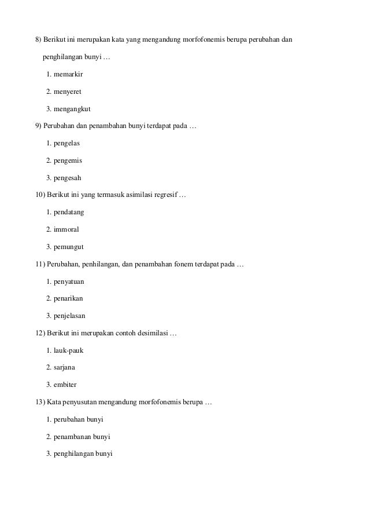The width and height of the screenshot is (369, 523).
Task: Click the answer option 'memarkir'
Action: (x=69, y=75)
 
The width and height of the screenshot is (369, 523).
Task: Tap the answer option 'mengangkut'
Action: (x=72, y=109)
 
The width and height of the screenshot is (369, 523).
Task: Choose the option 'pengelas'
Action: (x=67, y=143)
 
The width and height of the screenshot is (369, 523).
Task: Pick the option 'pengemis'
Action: (x=68, y=160)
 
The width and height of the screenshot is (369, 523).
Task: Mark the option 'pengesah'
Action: (x=68, y=178)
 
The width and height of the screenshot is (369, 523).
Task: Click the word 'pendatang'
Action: (x=69, y=212)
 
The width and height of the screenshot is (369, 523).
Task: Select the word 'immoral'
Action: (x=67, y=229)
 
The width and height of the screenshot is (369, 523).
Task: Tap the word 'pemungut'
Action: (x=69, y=247)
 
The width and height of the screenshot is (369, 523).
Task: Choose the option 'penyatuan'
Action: (x=69, y=281)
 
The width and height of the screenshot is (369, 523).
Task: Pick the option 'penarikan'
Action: (x=69, y=298)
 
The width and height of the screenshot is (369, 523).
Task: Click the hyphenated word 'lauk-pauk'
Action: (x=69, y=350)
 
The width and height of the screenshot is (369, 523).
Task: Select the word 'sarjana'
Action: (x=65, y=367)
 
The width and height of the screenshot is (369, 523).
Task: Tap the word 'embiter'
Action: (x=65, y=384)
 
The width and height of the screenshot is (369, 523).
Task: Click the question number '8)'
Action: (x=39, y=40)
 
